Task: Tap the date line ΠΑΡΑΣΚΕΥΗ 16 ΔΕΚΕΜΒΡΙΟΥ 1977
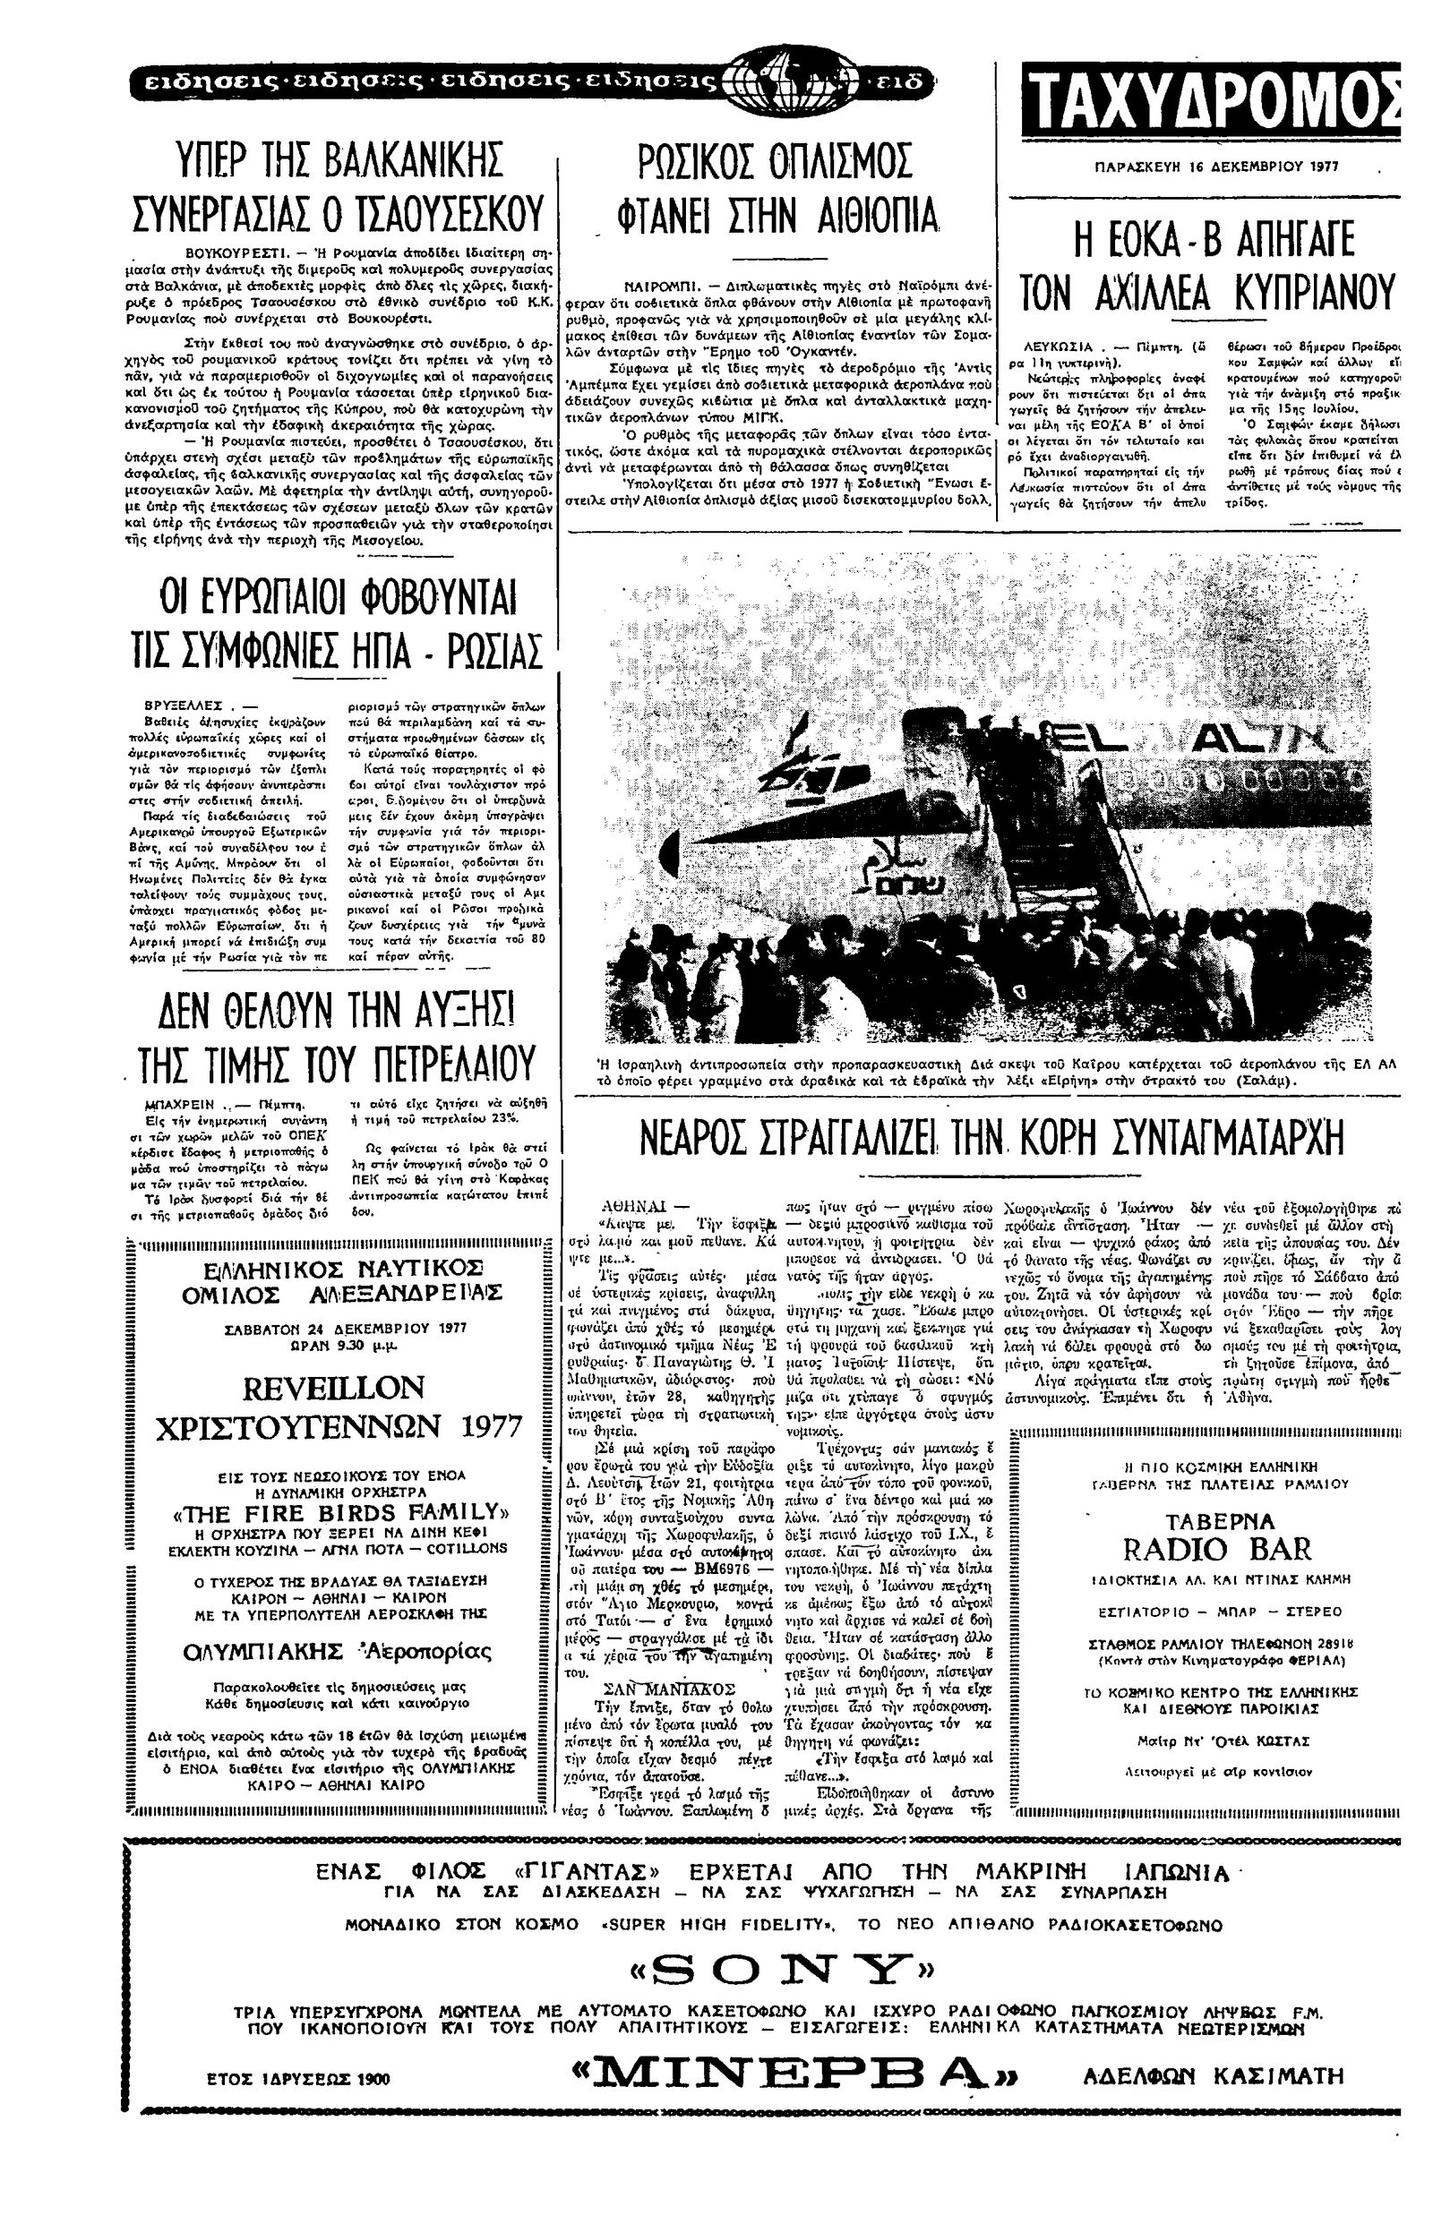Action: point(1215,168)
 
